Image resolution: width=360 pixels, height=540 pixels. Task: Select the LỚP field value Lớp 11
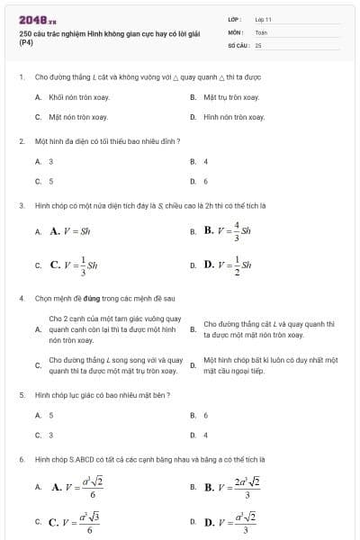[x=264, y=18]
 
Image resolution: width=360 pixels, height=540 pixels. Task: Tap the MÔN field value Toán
[x=261, y=31]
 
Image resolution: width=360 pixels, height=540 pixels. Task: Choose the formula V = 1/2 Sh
[x=230, y=265]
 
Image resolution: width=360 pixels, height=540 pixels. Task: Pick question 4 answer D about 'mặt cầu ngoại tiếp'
[x=270, y=364]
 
